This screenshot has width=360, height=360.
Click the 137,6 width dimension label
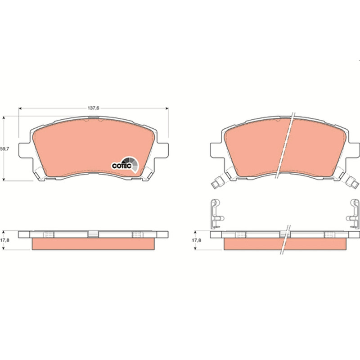[94, 108]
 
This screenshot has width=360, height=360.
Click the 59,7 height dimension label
[4, 149]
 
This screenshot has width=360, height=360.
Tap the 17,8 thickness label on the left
[4, 240]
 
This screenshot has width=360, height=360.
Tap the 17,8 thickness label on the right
[197, 240]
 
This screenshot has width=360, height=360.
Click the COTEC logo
[126, 165]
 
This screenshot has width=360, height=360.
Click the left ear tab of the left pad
[24, 150]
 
